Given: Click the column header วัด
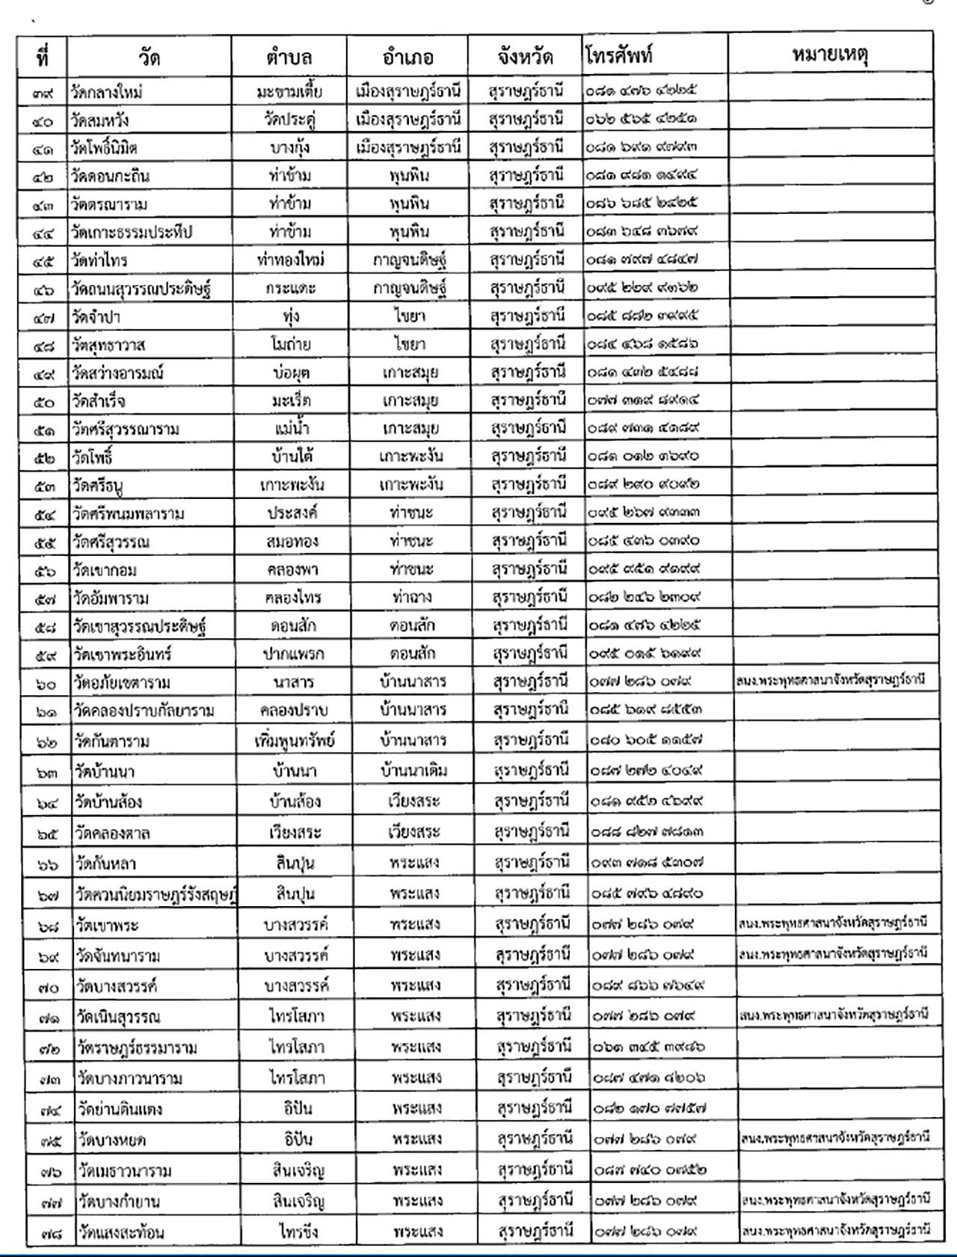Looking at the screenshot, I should pyautogui.click(x=149, y=57).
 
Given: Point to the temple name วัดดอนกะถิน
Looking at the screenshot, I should pyautogui.click(x=111, y=176).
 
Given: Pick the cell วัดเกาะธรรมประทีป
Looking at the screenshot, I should pyautogui.click(x=132, y=232).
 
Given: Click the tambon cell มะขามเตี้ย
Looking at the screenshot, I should pyautogui.click(x=289, y=92).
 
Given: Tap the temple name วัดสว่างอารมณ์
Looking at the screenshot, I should pyautogui.click(x=118, y=373).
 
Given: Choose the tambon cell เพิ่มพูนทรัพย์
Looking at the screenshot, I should pyautogui.click(x=295, y=741).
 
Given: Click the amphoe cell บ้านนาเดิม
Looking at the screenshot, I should pyautogui.click(x=413, y=770).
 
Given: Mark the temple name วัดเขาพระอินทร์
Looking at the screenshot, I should pyautogui.click(x=123, y=654).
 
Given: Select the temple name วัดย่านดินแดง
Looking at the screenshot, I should pyautogui.click(x=120, y=1109).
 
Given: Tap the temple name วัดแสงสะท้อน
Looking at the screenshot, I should pyautogui.click(x=120, y=1232).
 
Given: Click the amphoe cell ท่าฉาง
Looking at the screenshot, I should pyautogui.click(x=411, y=597).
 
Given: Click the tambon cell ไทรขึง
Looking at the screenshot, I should pyautogui.click(x=298, y=1232).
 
